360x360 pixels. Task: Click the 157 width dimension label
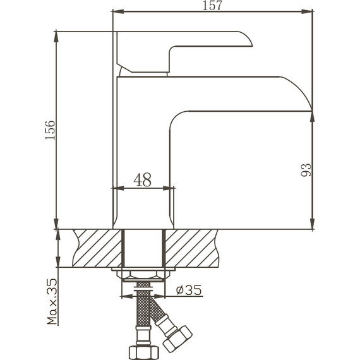click(x=212, y=6)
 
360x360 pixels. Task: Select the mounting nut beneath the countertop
click(x=143, y=277)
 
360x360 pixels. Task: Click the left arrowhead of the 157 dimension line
click(x=116, y=11)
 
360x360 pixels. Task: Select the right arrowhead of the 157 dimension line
click(x=309, y=11)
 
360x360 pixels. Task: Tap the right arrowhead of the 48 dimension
click(x=170, y=188)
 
